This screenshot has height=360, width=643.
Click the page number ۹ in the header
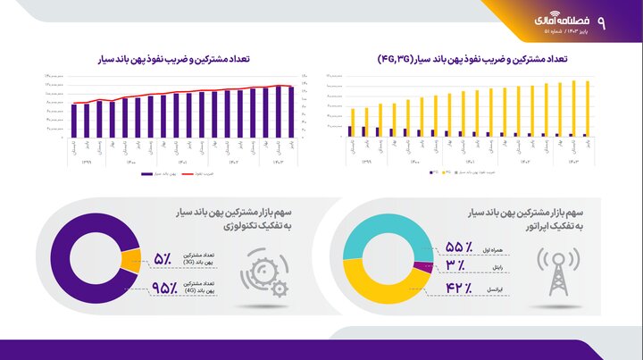[x=625, y=21]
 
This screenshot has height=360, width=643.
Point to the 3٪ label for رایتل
[x=455, y=266]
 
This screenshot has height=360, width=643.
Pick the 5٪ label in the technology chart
[x=163, y=260]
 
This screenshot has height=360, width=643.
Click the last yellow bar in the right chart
[x=588, y=108]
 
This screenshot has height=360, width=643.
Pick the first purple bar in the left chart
[x=75, y=120]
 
